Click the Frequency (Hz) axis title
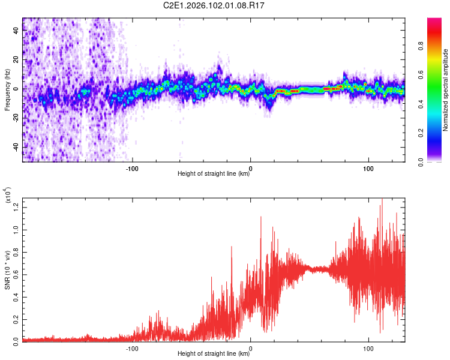[7, 89]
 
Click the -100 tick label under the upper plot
[132, 168]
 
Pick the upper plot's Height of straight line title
[214, 174]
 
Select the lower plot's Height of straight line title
[214, 353]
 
